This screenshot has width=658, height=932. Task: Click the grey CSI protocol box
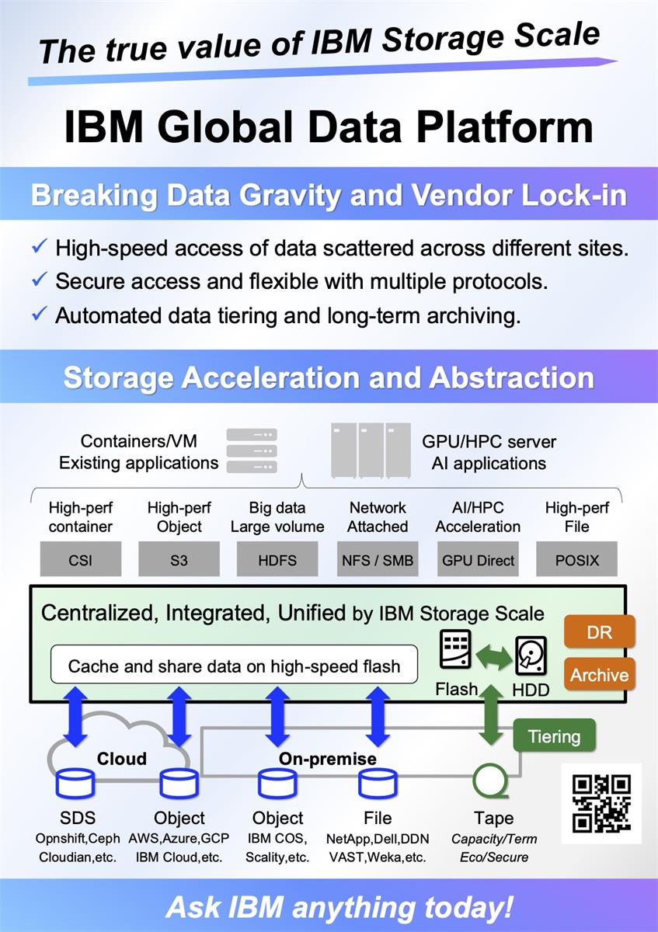pyautogui.click(x=79, y=559)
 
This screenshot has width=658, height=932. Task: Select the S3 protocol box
pyautogui.click(x=179, y=559)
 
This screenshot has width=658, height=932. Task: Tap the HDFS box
pyautogui.click(x=278, y=559)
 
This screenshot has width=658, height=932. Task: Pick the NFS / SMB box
pyautogui.click(x=378, y=559)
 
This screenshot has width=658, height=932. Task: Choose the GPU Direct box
pyautogui.click(x=478, y=559)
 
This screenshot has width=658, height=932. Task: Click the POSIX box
pyautogui.click(x=577, y=559)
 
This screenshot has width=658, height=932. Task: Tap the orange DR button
pyautogui.click(x=599, y=632)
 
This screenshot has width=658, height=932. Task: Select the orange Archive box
pyautogui.click(x=599, y=674)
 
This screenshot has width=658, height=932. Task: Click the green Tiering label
pyautogui.click(x=554, y=736)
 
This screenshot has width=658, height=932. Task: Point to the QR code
pyautogui.click(x=601, y=803)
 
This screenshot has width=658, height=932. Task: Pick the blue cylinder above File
pyautogui.click(x=378, y=784)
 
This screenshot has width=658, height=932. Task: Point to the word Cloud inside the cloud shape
pyautogui.click(x=122, y=759)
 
